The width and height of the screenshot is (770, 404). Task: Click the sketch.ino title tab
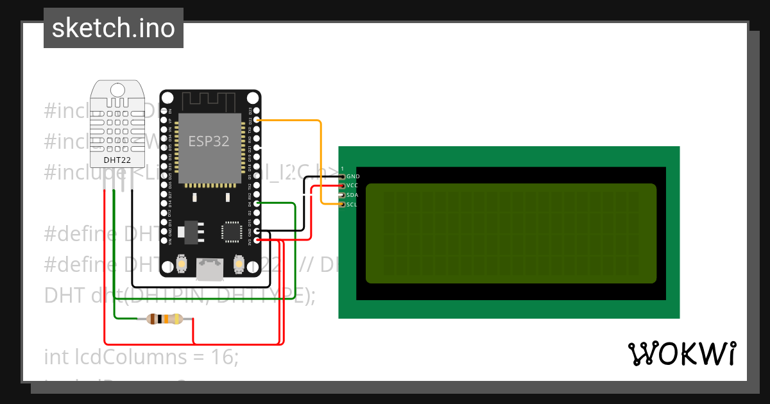[114, 28]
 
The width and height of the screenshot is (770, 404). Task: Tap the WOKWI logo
[681, 353]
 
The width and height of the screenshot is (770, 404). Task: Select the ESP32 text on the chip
[209, 142]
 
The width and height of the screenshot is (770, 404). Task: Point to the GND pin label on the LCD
[353, 176]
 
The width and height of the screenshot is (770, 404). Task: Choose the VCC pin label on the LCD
[352, 186]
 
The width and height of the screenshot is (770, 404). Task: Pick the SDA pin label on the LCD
[352, 195]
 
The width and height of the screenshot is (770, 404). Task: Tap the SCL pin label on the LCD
[352, 205]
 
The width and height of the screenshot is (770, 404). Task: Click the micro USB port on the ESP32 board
[208, 269]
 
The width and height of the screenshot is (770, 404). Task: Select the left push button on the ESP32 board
[182, 263]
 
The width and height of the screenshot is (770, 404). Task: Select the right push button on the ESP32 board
[239, 263]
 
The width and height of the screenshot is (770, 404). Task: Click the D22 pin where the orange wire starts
[257, 120]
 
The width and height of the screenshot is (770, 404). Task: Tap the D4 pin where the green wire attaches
[257, 203]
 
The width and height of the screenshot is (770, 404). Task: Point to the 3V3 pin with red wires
[257, 240]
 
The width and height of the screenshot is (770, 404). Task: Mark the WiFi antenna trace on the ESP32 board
[209, 100]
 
